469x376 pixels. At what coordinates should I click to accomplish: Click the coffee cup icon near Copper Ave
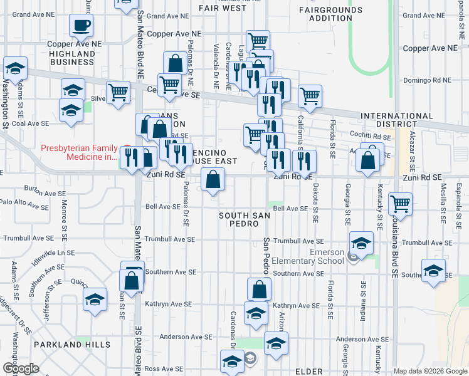[81, 26]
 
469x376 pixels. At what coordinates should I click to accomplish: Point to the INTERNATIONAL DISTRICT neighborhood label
[396, 121]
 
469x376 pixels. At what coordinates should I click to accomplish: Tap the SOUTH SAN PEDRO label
[239, 219]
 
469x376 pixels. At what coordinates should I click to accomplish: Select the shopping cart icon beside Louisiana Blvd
[400, 203]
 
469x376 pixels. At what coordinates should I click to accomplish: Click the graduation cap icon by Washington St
[15, 68]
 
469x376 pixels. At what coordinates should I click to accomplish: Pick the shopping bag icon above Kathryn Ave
[259, 290]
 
